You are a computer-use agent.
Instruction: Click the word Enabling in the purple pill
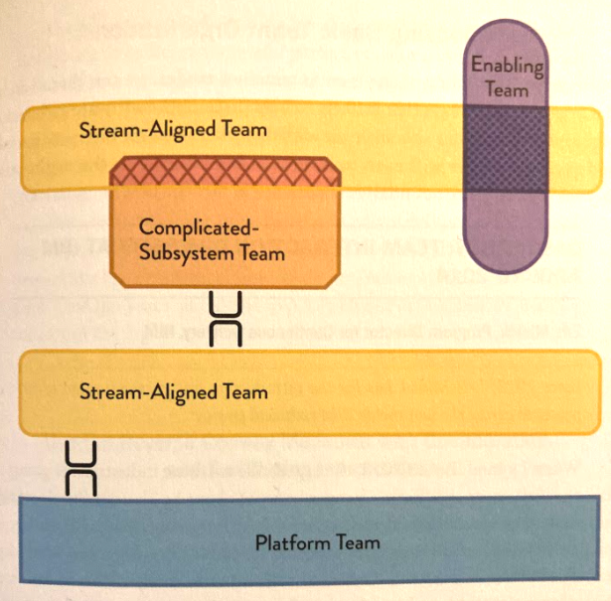click(x=508, y=68)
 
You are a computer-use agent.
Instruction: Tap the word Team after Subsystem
click(x=263, y=252)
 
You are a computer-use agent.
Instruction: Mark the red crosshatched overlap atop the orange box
click(x=227, y=173)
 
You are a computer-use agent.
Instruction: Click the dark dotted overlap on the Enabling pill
click(x=508, y=150)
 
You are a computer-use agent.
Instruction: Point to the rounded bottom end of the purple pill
click(x=508, y=265)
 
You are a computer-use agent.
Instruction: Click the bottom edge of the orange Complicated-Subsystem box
click(x=226, y=287)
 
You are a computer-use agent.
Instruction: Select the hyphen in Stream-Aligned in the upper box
click(x=136, y=130)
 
